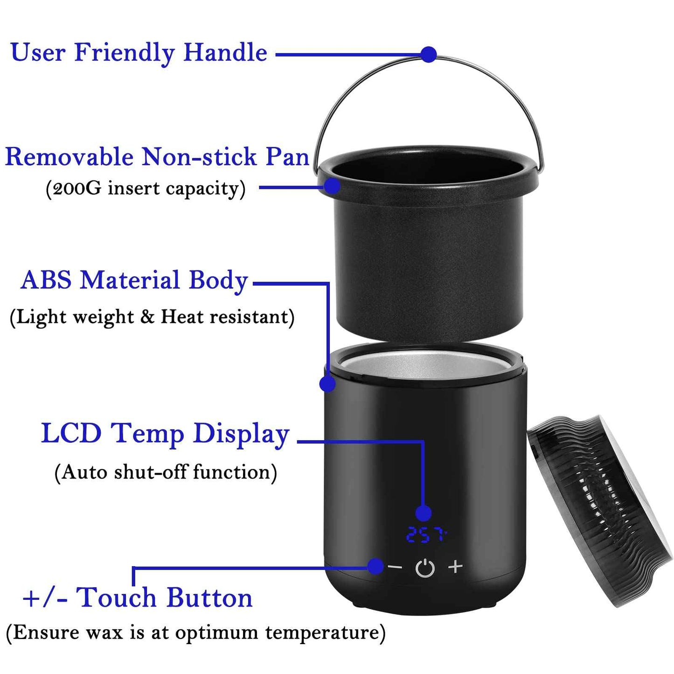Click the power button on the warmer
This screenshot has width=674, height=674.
coord(425,568)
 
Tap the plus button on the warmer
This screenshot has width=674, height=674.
coord(455,566)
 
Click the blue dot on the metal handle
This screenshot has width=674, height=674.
coord(428,54)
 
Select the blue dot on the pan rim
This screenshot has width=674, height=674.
coord(332,186)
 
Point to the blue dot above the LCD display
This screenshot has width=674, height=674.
coord(423,513)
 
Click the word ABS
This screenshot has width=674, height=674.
coord(46,280)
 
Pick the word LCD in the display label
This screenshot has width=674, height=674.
coord(71,433)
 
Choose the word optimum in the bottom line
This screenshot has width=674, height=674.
coord(217,632)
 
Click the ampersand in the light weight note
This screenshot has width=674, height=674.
coord(147,317)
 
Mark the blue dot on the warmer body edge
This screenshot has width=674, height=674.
coord(327,384)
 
